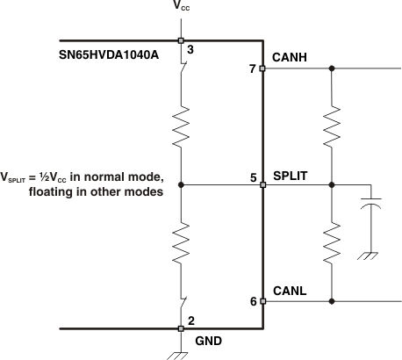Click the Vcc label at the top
pyautogui.click(x=181, y=11)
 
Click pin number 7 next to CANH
pyautogui.click(x=252, y=68)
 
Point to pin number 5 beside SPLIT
pyautogui.click(x=253, y=177)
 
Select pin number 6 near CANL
pyautogui.click(x=253, y=301)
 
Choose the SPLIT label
pyautogui.click(x=291, y=176)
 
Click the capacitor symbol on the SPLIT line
pyautogui.click(x=372, y=209)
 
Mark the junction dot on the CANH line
pyautogui.click(x=331, y=68)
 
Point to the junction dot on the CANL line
pyautogui.click(x=331, y=301)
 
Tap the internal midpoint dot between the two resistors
pyautogui.click(x=181, y=185)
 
